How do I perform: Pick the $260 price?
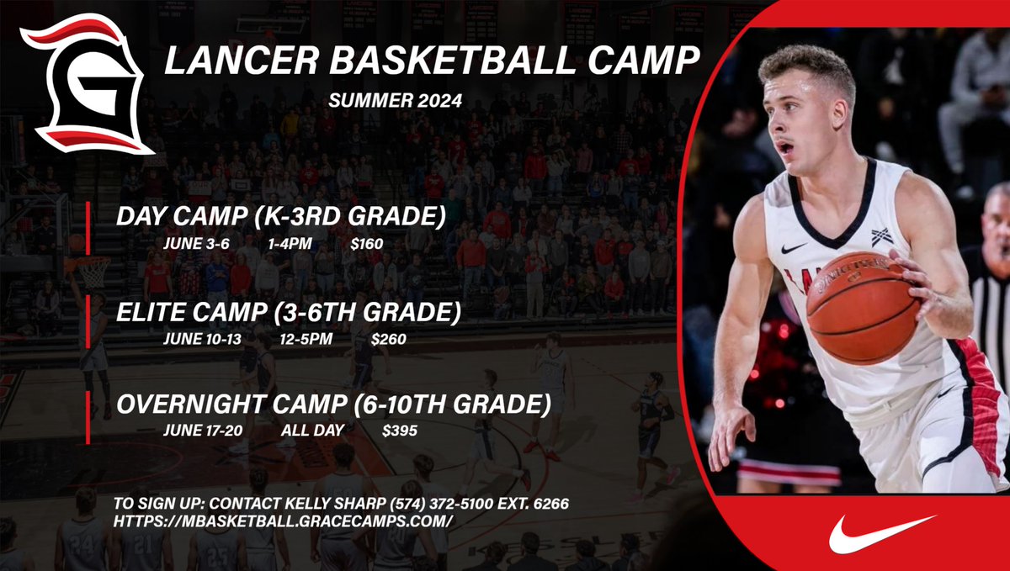point(389,341)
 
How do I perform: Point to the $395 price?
point(400,431)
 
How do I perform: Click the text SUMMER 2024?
point(396,102)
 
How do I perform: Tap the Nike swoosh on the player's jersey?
point(793,248)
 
